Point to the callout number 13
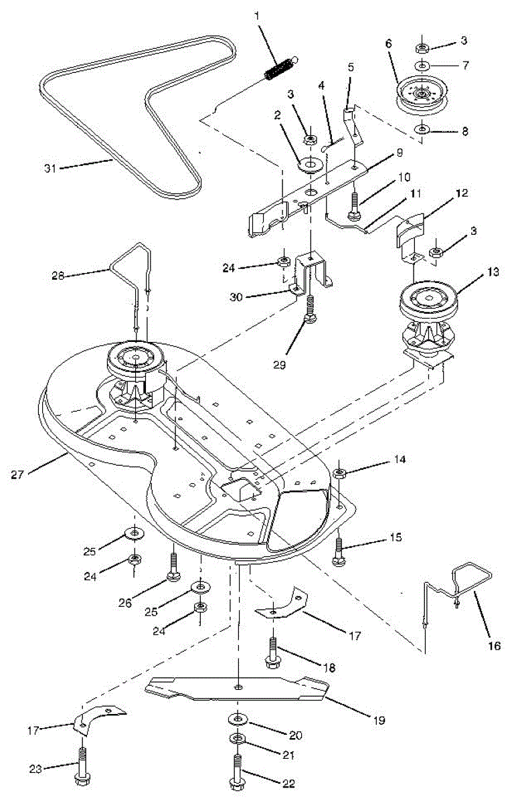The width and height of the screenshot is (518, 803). point(474,272)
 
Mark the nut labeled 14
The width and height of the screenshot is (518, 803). point(340,474)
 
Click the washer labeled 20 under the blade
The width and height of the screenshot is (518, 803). point(238,719)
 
